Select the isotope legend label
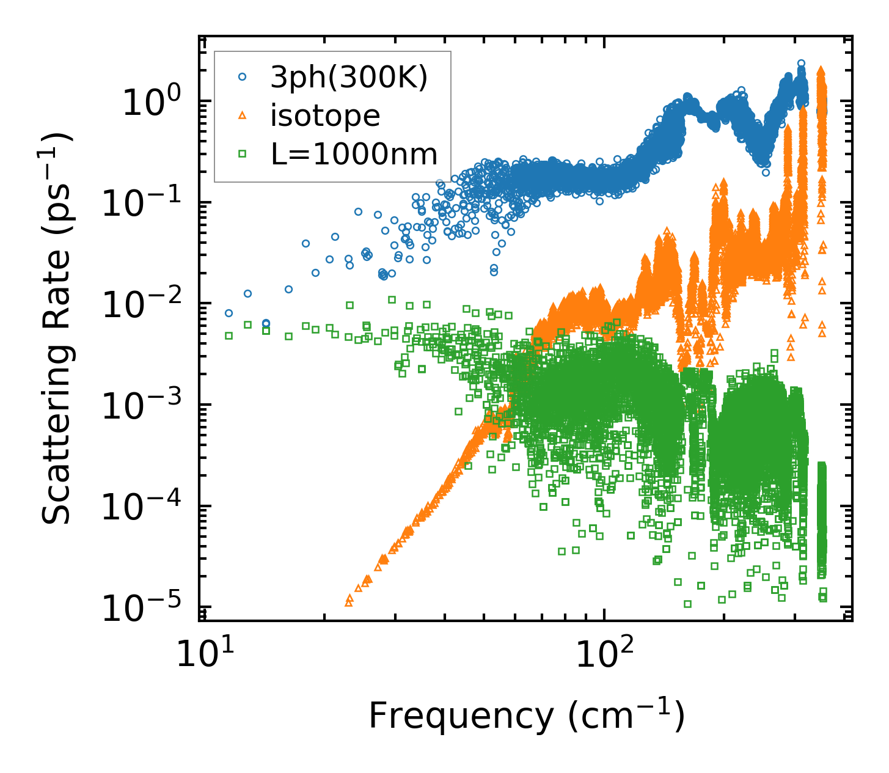pos(325,115)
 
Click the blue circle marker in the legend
pos(243,77)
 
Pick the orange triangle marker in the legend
pos(243,115)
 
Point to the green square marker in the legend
pos(243,155)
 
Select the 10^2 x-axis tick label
pos(604,655)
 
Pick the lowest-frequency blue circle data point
pos(229,313)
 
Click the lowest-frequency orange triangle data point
pos(349,602)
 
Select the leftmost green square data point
pos(229,335)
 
